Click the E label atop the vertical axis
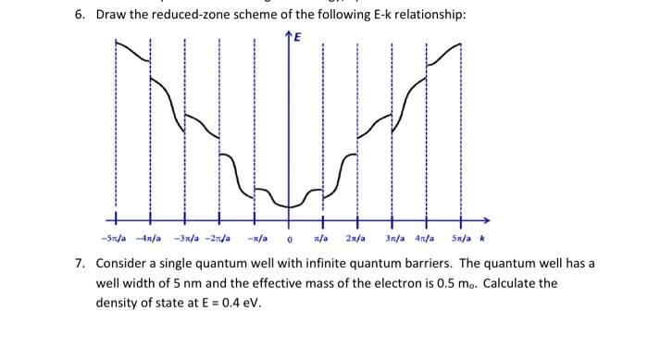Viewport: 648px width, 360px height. coord(297,38)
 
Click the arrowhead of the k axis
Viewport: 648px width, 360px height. coord(484,220)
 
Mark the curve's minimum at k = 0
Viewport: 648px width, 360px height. coord(289,205)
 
